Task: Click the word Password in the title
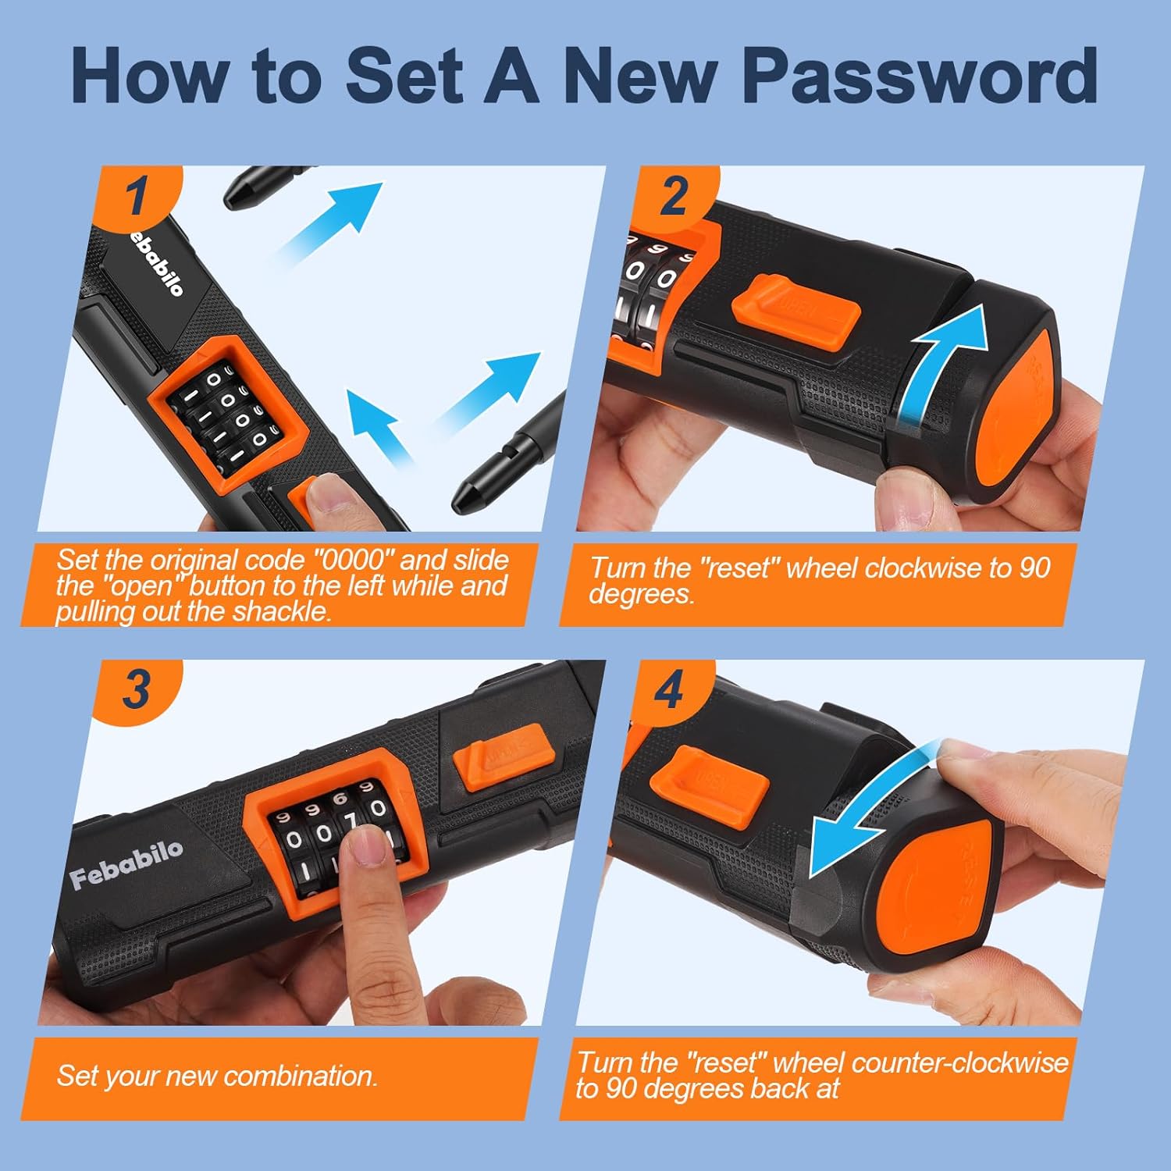pos(920,76)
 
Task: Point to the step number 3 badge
pos(139,689)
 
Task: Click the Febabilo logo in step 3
pos(126,864)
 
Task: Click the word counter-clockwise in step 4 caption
pos(959,1062)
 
